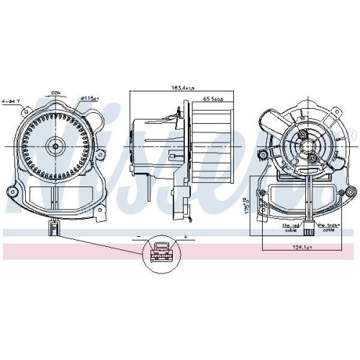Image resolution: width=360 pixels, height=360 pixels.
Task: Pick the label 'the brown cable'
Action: tap(328, 228)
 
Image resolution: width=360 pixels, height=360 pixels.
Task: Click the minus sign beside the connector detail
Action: tap(138, 236)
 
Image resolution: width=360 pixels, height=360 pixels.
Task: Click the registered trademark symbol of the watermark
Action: tap(354, 135)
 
